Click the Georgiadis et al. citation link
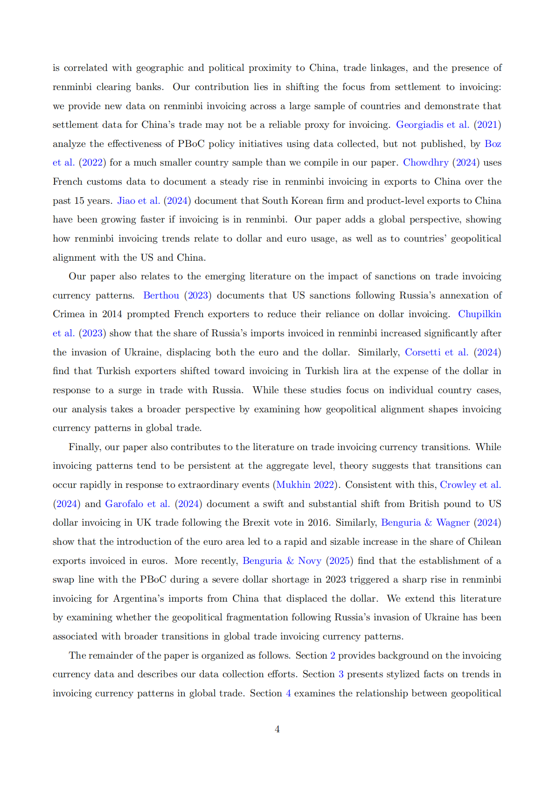pyautogui.click(x=432, y=125)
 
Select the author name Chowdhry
pyautogui.click(x=425, y=162)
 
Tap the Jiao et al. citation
pyautogui.click(x=139, y=201)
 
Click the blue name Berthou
pyautogui.click(x=161, y=295)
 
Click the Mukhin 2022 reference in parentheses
pyautogui.click(x=305, y=485)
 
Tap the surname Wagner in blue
pyautogui.click(x=453, y=522)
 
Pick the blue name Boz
pyautogui.click(x=493, y=144)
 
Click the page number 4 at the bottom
pyautogui.click(x=277, y=729)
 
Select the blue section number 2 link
pyautogui.click(x=333, y=655)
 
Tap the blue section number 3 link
pyautogui.click(x=341, y=674)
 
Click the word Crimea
pyautogui.click(x=69, y=314)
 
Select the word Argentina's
pyautogui.click(x=139, y=598)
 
